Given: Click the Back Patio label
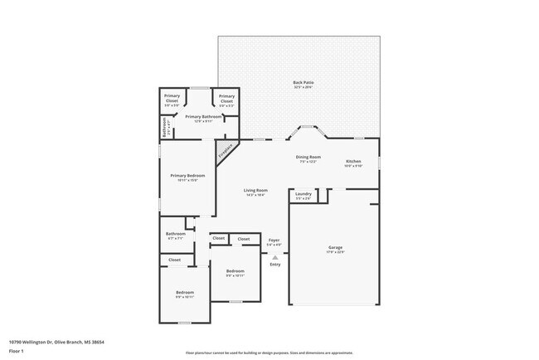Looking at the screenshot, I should [x=303, y=82].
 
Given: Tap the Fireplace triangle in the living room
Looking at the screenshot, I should [x=225, y=152].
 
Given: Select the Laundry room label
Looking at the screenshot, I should [x=303, y=193].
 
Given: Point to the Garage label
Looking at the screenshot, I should [x=336, y=247].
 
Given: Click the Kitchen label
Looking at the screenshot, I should [x=353, y=160].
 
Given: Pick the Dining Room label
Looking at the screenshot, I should [x=308, y=156].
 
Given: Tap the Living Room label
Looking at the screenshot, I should [x=255, y=190].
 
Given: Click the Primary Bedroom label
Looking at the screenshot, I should [x=187, y=175].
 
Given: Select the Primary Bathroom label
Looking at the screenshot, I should [x=203, y=117].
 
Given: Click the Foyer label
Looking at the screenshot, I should [x=274, y=240].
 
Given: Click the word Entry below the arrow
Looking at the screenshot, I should [x=274, y=265].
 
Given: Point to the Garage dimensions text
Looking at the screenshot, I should [x=336, y=252].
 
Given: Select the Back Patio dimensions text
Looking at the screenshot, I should [x=303, y=87].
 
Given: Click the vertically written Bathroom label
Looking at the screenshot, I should [x=164, y=128].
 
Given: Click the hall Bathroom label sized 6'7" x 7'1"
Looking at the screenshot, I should [x=176, y=233].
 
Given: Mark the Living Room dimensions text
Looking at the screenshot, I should [x=255, y=195].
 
